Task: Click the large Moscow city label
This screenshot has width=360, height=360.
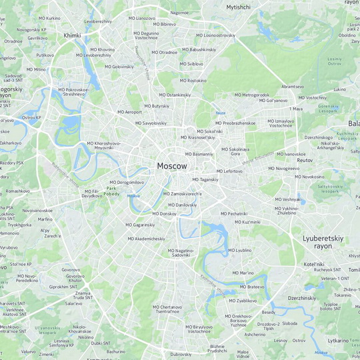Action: coord(172,165)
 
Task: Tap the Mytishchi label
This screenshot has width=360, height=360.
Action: coord(238,7)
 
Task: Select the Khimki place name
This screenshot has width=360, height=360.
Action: coord(71,35)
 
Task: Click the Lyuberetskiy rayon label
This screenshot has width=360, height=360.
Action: coord(321,242)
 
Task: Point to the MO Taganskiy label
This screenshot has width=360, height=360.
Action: coord(205,179)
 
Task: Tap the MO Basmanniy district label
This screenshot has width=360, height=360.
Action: coord(199,154)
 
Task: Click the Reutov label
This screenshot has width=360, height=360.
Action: coord(305,161)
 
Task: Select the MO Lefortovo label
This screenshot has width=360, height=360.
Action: coord(229,171)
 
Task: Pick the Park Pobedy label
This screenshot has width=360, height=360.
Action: coord(111,191)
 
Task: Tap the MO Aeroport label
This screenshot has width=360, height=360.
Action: coord(129,112)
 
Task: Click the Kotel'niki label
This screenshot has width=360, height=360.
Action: coord(313,264)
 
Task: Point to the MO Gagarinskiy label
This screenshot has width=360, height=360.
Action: coord(140,225)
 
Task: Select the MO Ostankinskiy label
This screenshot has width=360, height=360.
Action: coord(175,95)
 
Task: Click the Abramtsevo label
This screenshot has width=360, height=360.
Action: coord(293,87)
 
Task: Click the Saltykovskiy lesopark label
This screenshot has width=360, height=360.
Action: coord(330,189)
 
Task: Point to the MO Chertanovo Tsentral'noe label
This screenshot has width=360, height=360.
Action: coord(167,309)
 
